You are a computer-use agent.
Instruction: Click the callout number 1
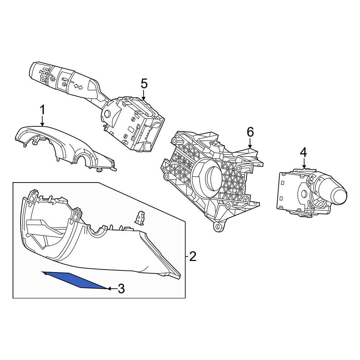[x=42, y=110]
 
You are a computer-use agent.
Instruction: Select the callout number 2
[x=193, y=257]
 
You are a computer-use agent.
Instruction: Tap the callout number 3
[x=121, y=288]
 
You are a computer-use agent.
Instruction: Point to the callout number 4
[x=303, y=152]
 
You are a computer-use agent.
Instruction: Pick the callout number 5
[x=144, y=84]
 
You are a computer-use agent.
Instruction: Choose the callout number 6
[x=250, y=132]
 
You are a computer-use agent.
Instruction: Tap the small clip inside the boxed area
[x=139, y=217]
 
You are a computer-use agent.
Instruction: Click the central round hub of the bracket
[x=207, y=178]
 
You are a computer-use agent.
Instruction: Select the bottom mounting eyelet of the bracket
[x=217, y=227]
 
